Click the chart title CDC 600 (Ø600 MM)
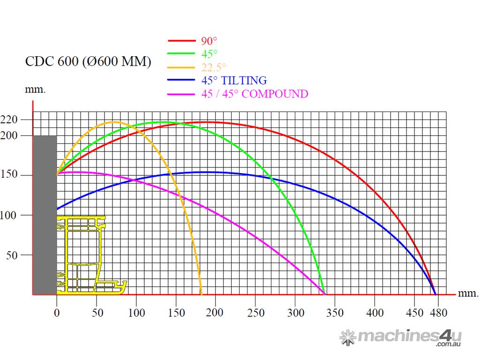[x=88, y=62]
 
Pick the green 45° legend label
[x=210, y=53]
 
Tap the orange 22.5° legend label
[x=214, y=67]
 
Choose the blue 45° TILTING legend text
[x=234, y=80]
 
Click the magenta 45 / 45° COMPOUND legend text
[x=255, y=94]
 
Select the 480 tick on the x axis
[x=438, y=312]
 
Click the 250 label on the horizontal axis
[x=255, y=312]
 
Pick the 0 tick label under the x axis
[x=57, y=312]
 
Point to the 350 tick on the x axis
[x=335, y=312]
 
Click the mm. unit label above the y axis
[x=35, y=89]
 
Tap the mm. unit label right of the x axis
[x=468, y=293]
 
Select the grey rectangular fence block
[x=45, y=215]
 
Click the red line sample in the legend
[x=181, y=41]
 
